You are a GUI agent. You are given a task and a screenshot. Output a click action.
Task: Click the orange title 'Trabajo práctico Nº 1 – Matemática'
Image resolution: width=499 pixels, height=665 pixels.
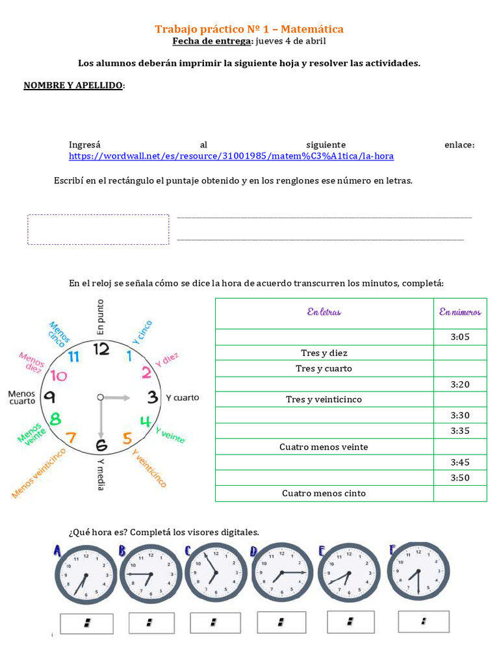click(249, 29)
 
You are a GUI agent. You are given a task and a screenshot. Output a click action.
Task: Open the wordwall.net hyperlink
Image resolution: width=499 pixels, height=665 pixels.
click(231, 157)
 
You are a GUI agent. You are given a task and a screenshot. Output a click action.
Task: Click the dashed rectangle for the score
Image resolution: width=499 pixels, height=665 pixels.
click(98, 229)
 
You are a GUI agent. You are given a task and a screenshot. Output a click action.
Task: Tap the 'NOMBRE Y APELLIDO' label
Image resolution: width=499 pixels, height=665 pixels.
click(73, 86)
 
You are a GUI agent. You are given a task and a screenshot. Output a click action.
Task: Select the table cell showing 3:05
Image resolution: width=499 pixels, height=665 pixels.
click(459, 337)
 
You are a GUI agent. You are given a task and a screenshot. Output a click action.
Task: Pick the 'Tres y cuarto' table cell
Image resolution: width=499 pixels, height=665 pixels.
click(324, 368)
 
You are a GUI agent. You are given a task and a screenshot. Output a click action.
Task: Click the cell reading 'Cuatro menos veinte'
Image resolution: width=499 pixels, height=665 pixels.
click(324, 447)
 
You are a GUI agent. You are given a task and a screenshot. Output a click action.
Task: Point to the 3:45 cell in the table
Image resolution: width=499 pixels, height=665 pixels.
click(459, 462)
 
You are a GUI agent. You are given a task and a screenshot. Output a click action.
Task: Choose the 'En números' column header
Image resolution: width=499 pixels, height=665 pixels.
click(459, 312)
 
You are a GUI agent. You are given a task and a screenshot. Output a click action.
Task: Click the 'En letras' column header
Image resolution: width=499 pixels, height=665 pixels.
click(324, 312)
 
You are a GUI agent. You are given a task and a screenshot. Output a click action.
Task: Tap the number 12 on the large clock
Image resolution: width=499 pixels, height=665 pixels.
click(101, 349)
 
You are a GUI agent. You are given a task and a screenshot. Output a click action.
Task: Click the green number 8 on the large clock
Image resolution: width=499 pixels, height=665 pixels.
click(56, 419)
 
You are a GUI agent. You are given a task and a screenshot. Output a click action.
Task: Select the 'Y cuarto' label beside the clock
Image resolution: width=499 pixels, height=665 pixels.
click(183, 397)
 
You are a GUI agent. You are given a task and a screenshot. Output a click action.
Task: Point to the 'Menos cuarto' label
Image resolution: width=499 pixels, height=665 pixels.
click(21, 397)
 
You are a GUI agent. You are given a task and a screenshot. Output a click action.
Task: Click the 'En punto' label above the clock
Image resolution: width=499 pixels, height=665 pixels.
click(100, 317)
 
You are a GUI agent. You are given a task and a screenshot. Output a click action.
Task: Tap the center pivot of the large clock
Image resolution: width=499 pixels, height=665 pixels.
click(100, 397)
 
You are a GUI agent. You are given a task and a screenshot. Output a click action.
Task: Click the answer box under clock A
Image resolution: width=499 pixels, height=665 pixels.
click(86, 623)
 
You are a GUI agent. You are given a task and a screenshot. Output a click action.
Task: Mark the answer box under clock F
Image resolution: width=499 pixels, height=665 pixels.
click(424, 621)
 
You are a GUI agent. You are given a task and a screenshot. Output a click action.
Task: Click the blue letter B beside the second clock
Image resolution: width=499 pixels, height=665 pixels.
click(122, 551)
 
